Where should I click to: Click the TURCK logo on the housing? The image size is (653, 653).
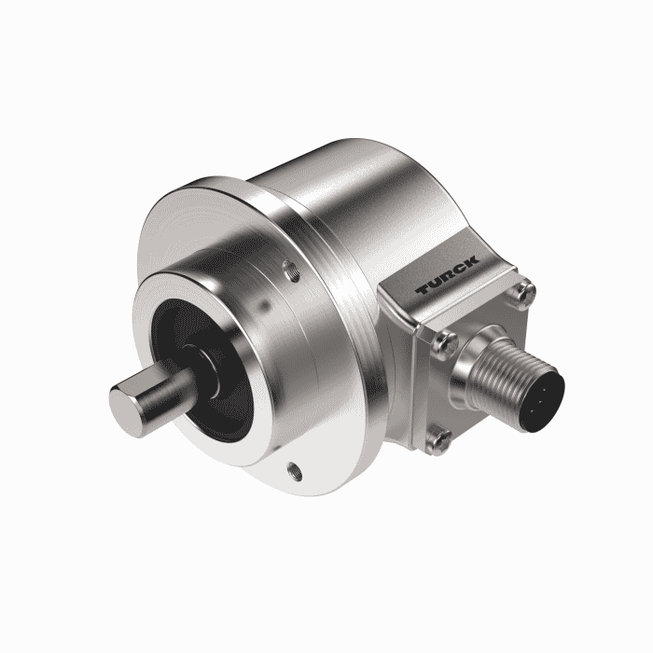[x=448, y=276]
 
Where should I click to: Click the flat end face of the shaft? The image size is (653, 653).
[x=124, y=410]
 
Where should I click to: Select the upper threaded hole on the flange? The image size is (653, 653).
[x=291, y=271]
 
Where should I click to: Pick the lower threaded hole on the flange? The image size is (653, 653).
[x=295, y=471]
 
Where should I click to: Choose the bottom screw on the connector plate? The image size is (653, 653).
[x=438, y=439]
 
